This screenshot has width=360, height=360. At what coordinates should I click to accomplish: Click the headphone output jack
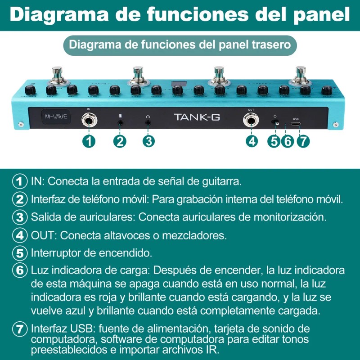148,121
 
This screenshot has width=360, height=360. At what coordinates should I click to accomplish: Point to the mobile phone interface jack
120,121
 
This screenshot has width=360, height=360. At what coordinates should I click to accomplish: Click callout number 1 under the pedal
89,140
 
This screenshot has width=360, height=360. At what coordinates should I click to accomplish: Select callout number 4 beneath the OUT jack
252,140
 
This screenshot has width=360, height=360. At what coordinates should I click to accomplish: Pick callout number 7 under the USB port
303,140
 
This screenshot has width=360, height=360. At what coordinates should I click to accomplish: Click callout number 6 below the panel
288,140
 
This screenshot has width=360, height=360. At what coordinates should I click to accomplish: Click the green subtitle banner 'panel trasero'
180,45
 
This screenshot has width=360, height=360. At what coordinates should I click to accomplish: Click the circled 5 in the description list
19,252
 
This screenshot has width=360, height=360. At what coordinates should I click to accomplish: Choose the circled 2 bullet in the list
19,199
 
